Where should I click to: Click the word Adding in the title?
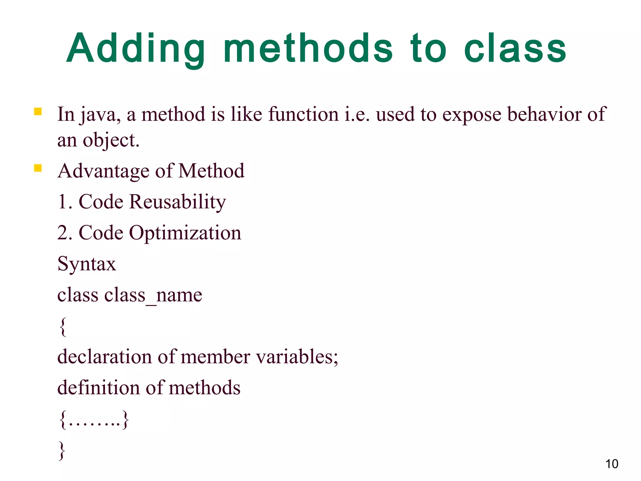click(x=136, y=49)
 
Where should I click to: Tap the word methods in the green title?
click(x=308, y=49)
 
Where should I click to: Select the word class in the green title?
click(x=515, y=49)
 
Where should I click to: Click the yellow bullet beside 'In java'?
click(x=38, y=112)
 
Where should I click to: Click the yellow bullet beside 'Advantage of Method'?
click(x=38, y=168)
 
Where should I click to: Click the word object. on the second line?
click(x=111, y=140)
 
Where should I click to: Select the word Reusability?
click(x=177, y=202)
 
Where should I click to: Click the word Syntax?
click(x=87, y=264)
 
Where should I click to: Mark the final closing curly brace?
click(x=62, y=450)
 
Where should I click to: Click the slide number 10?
click(x=612, y=464)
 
